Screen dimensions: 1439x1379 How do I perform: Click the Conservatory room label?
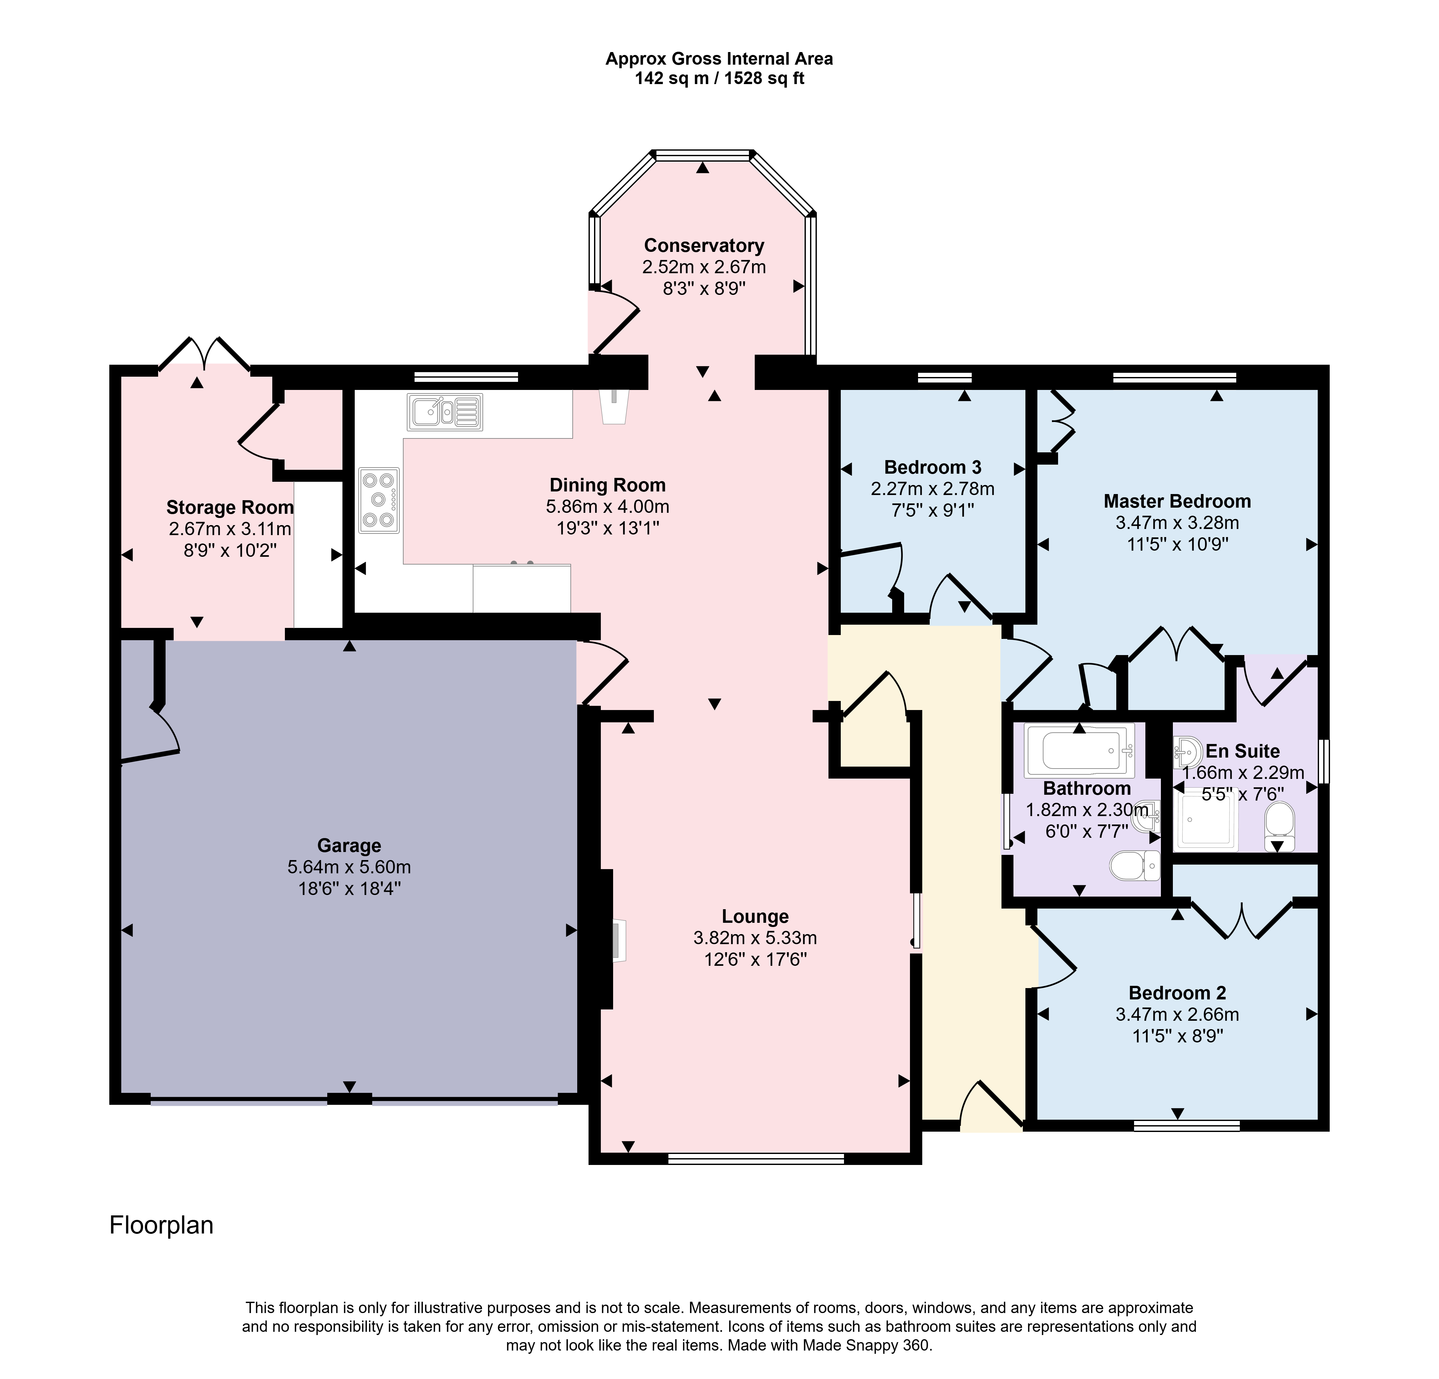coord(704,246)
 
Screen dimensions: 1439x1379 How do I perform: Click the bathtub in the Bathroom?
coord(1079,750)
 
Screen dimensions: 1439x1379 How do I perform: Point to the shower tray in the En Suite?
coord(1208,824)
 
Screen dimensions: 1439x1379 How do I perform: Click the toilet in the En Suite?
coord(1280,827)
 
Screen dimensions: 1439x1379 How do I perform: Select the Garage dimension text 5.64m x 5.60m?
coord(350,867)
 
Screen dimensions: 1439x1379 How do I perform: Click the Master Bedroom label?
coord(1178,501)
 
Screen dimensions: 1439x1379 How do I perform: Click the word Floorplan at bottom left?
coord(161,1225)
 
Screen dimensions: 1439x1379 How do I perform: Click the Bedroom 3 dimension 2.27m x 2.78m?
coord(933,489)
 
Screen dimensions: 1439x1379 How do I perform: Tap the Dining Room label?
coord(608,485)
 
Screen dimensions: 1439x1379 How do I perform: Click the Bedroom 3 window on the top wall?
coord(945,378)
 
